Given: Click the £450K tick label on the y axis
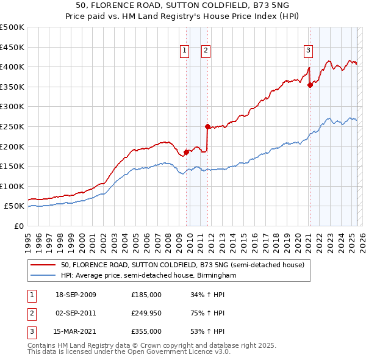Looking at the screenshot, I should tap(12, 47).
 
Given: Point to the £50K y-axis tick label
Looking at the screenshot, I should tap(15, 206).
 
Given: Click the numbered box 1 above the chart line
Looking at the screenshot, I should tap(184, 51).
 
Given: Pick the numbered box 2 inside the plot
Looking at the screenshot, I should tap(206, 51).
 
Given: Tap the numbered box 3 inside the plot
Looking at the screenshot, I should tap(308, 51).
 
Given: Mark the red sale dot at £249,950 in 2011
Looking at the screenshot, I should tap(207, 127).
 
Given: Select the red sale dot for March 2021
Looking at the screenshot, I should tap(310, 85).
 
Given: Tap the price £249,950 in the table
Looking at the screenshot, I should tap(146, 313).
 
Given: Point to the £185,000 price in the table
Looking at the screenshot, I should tap(146, 295).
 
